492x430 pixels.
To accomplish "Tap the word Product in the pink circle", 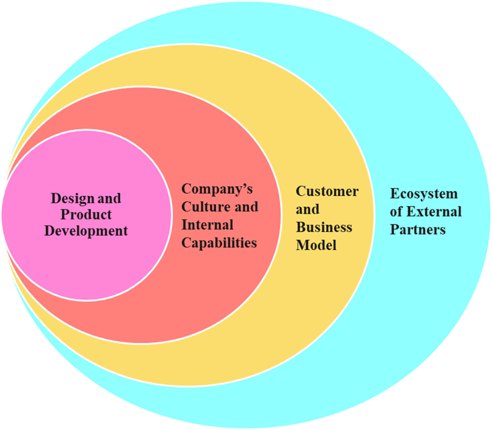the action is pyautogui.click(x=86, y=215).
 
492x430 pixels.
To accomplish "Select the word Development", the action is pyautogui.click(x=86, y=231).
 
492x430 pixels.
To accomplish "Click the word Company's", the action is pyautogui.click(x=217, y=189).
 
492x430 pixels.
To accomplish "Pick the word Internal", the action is pyautogui.click(x=207, y=225).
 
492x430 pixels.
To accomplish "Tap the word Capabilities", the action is pyautogui.click(x=219, y=243).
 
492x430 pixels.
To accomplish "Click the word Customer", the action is pyautogui.click(x=327, y=191).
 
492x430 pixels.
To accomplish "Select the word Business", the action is pyautogui.click(x=324, y=227).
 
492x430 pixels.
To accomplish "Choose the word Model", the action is pyautogui.click(x=316, y=245).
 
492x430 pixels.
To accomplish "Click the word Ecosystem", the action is pyautogui.click(x=424, y=194).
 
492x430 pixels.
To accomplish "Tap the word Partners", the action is pyautogui.click(x=418, y=230).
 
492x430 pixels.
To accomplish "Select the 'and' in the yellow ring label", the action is pyautogui.click(x=308, y=209).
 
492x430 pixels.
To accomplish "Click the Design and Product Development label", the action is pyautogui.click(x=86, y=215).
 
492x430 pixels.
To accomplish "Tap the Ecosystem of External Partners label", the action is pyautogui.click(x=425, y=212).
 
